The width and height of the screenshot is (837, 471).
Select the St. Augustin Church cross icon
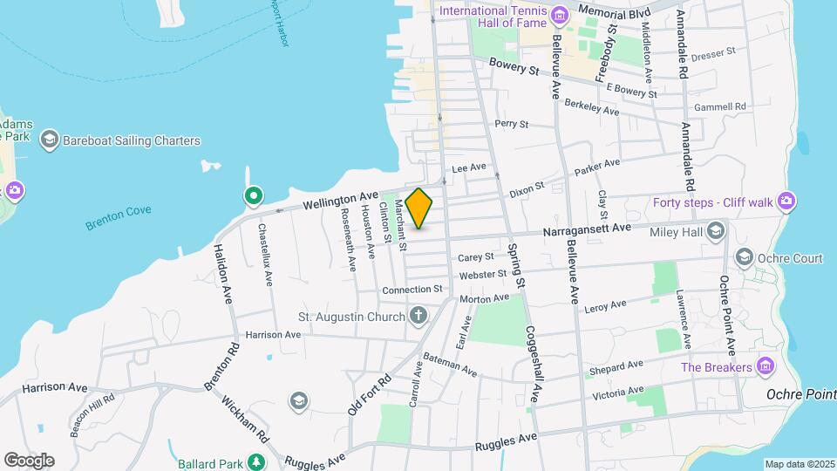point(419,316)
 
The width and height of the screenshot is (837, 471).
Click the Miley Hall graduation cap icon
point(717,230)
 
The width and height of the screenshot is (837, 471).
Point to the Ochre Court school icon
point(745,257)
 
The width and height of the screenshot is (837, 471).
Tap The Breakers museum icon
point(766,366)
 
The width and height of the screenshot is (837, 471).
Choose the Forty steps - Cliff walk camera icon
point(787,202)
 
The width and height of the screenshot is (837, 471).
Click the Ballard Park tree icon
point(256,461)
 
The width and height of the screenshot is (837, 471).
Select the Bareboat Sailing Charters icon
point(49,140)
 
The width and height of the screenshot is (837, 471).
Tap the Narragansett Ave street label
point(586,229)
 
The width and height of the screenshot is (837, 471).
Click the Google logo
point(29,460)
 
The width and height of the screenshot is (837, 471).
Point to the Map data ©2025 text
point(799,464)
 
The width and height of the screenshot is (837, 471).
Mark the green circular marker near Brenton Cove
point(254,195)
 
